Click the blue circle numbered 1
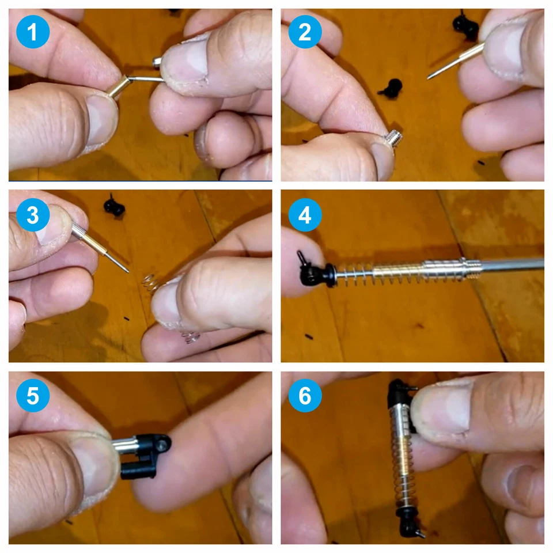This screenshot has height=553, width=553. click(x=33, y=32)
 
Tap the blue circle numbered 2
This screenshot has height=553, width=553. click(x=305, y=32)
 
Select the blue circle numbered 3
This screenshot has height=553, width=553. click(x=33, y=215)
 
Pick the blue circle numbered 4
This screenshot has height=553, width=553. click(x=305, y=215)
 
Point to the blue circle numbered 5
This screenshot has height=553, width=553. click(x=33, y=395)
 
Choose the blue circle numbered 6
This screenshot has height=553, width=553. click(x=305, y=395)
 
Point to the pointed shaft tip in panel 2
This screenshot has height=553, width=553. click(x=429, y=78)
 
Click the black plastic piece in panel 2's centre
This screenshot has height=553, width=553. click(x=392, y=89)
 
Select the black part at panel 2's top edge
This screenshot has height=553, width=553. click(x=465, y=24)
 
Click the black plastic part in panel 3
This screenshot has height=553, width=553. click(x=114, y=207)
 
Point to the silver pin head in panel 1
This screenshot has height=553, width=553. click(x=157, y=62)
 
